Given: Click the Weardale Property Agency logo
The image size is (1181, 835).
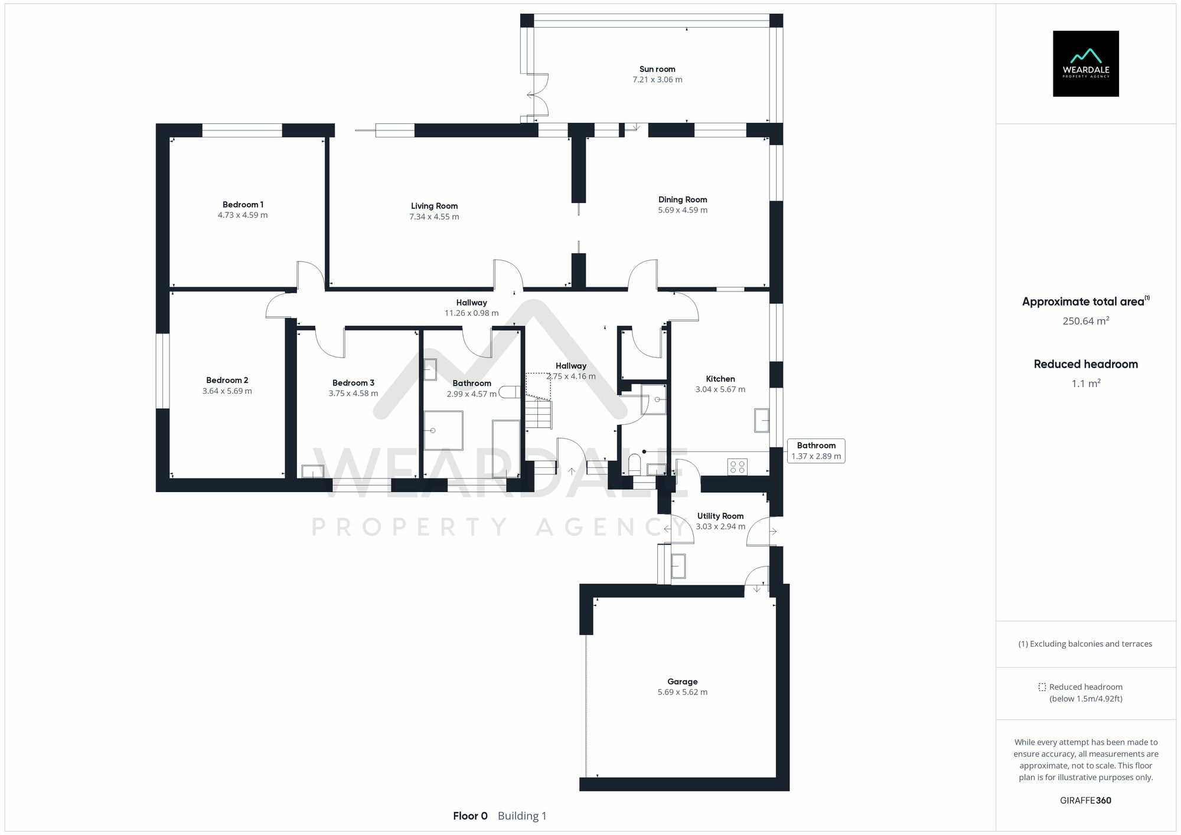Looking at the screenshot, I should (1085, 64).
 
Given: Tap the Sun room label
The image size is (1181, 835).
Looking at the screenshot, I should (657, 69).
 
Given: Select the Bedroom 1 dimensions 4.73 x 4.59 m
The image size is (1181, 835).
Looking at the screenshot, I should (243, 215).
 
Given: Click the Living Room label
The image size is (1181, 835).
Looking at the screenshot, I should (434, 206).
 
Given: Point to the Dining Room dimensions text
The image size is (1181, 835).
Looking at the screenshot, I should (683, 210).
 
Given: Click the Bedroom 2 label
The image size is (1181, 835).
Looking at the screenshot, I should (227, 380).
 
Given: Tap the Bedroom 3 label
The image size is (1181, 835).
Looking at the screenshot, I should (353, 383).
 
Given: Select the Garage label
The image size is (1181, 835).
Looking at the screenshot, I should (682, 682).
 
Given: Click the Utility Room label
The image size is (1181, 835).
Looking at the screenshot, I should (720, 516).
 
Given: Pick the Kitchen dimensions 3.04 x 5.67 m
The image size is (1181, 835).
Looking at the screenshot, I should (720, 389).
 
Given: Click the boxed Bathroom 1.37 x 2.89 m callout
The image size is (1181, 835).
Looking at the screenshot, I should (816, 451).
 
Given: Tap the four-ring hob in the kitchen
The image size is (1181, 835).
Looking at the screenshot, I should (738, 467).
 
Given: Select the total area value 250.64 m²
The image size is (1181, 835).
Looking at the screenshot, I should (1085, 321).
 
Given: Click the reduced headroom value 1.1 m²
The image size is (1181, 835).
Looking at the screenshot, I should (1085, 384).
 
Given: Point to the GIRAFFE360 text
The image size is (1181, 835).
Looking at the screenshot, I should (1085, 800).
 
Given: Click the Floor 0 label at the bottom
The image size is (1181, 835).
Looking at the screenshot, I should (470, 816).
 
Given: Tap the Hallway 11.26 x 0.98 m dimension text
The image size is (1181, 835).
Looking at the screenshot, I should (471, 313).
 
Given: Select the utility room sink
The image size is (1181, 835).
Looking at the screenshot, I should (678, 566).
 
